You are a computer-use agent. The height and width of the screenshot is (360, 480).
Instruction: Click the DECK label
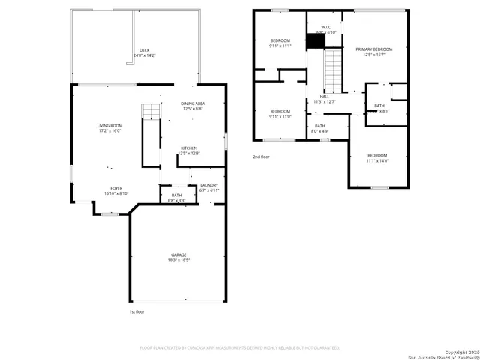point(144,50)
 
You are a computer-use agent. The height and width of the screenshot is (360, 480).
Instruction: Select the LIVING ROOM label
point(109,125)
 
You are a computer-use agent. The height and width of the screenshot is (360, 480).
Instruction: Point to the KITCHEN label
point(189,148)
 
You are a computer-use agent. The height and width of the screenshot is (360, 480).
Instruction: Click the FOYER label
point(116,188)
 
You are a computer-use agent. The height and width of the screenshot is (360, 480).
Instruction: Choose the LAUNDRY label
point(209,185)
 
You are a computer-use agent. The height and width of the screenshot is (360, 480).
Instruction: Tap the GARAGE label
point(178,256)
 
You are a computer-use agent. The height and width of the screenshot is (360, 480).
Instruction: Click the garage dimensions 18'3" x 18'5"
point(178,261)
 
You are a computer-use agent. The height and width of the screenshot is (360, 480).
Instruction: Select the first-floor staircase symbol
point(151,112)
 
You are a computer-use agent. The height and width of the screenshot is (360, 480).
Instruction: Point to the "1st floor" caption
point(136,310)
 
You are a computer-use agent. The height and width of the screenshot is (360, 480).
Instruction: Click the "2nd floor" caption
point(262,157)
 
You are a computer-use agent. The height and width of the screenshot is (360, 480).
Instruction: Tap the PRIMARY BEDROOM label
point(374,49)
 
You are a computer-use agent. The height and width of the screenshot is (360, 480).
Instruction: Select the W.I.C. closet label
point(326,27)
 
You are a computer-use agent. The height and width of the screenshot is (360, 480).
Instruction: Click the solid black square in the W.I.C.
point(316,42)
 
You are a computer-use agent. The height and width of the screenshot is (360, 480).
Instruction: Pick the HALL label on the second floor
point(325,97)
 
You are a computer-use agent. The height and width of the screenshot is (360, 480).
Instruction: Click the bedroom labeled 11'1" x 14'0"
point(376,158)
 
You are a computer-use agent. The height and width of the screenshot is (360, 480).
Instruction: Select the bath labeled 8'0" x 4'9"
point(320,129)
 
